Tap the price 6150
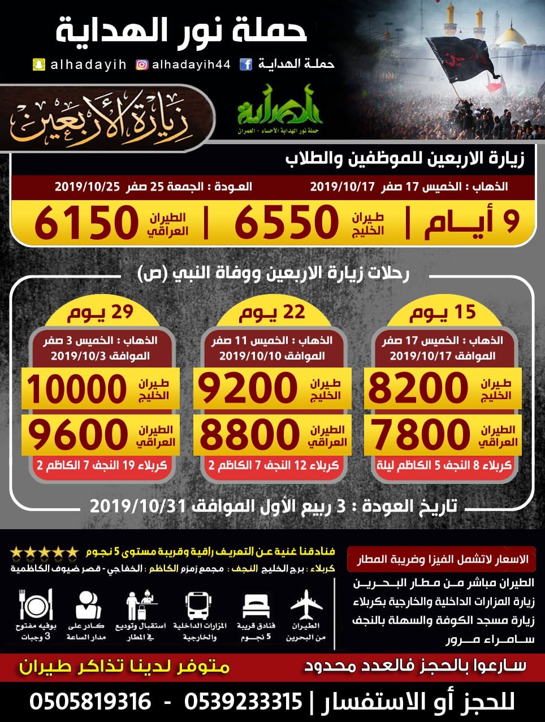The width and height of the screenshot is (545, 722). tap(86, 223)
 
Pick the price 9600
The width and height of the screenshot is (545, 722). tap(78, 434)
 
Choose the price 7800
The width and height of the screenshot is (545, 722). tap(419, 434)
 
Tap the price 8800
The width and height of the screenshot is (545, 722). tap(249, 434)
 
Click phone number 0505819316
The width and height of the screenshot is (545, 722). tap(90, 702)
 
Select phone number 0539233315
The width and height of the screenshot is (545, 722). tap(243, 702)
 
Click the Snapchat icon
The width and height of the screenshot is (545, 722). tap(38, 64)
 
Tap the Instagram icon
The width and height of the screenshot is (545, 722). tap(142, 64)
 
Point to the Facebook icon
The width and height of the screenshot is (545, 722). tap(246, 64)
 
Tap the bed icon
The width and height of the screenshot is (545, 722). tap(256, 606)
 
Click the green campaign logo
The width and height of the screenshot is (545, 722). tap(279, 107)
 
